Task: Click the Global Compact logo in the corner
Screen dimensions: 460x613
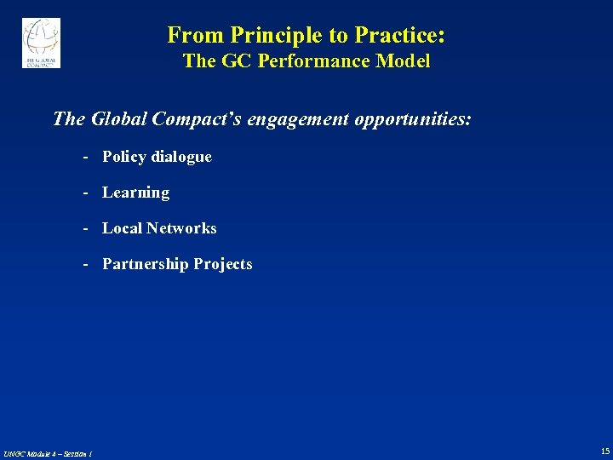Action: [41, 43]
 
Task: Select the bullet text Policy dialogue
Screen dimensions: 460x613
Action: [157, 157]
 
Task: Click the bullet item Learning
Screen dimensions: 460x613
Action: [135, 193]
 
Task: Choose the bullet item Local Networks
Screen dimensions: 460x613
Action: [159, 228]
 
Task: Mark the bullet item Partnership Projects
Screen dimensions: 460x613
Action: [177, 264]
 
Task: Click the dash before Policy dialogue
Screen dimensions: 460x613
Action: [87, 157]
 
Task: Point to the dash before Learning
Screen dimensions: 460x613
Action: [87, 193]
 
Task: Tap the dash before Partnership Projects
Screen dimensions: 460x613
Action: [87, 264]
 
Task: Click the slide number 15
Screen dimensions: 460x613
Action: [604, 451]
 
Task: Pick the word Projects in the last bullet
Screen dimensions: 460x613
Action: [222, 264]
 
